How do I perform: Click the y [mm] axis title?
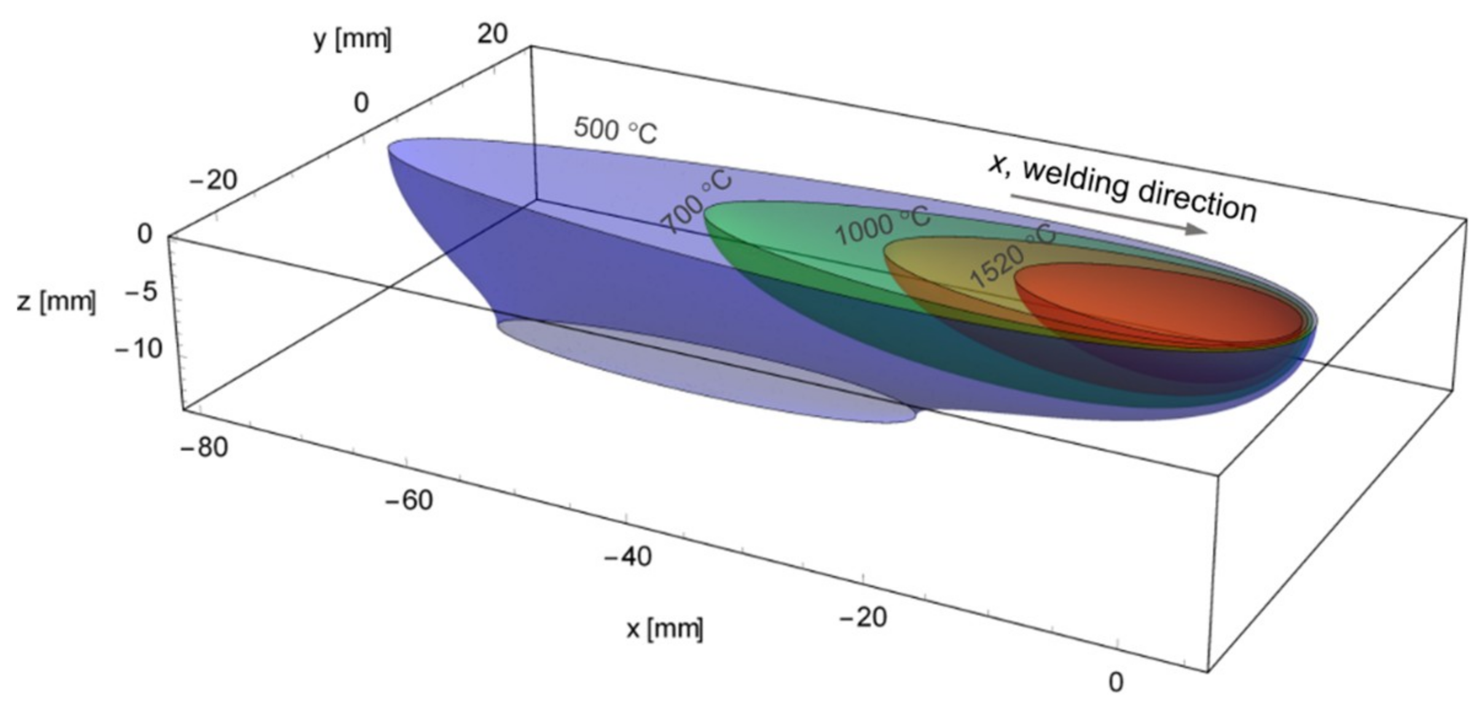click(x=352, y=40)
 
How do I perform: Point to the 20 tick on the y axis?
click(x=493, y=33)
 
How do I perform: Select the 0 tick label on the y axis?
click(x=361, y=103)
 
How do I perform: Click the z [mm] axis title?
click(x=57, y=302)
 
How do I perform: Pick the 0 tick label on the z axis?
click(x=144, y=234)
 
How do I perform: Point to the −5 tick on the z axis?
click(x=141, y=292)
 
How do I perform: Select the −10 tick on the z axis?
click(x=139, y=349)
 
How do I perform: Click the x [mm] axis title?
click(x=665, y=628)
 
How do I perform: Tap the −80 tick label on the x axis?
click(x=204, y=447)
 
